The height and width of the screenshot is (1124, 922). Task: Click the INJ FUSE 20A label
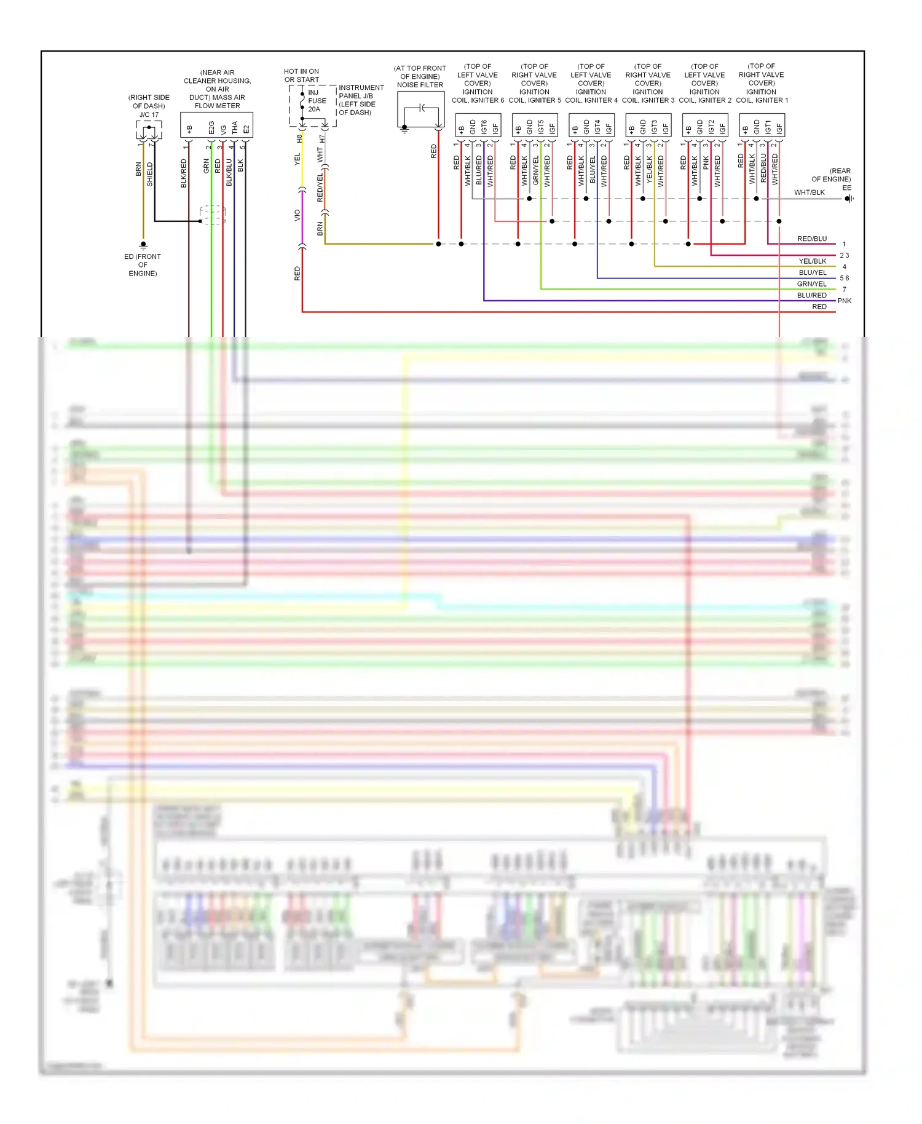pyautogui.click(x=317, y=101)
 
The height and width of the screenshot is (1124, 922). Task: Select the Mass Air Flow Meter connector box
pyautogui.click(x=216, y=125)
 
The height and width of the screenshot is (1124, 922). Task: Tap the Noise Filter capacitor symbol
pyautogui.click(x=422, y=108)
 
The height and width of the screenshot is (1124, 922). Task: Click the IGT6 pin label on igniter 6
pyautogui.click(x=484, y=127)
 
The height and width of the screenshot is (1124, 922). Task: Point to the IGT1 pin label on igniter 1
pyautogui.click(x=768, y=127)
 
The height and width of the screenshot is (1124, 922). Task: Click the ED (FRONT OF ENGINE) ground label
pyautogui.click(x=143, y=265)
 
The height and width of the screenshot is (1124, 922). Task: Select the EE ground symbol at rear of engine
pyautogui.click(x=848, y=199)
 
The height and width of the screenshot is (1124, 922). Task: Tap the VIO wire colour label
pyautogui.click(x=297, y=215)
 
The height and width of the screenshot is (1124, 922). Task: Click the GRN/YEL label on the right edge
pyautogui.click(x=811, y=284)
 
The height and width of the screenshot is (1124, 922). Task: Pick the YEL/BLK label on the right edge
pyautogui.click(x=812, y=261)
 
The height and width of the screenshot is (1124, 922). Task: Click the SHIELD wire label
pyautogui.click(x=150, y=175)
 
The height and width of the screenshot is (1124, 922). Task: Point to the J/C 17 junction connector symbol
pyautogui.click(x=149, y=130)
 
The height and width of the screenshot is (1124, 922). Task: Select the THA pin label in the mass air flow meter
pyautogui.click(x=234, y=128)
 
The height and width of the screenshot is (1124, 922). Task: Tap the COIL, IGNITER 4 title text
pyautogui.click(x=591, y=100)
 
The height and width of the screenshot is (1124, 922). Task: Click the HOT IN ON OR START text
pyautogui.click(x=301, y=76)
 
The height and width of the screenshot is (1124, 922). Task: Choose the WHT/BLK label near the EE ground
pyautogui.click(x=809, y=192)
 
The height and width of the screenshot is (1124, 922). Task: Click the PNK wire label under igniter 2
pyautogui.click(x=706, y=162)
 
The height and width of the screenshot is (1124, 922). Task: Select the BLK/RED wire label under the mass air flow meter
pyautogui.click(x=183, y=173)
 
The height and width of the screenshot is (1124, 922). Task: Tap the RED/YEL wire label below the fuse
pyautogui.click(x=320, y=188)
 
